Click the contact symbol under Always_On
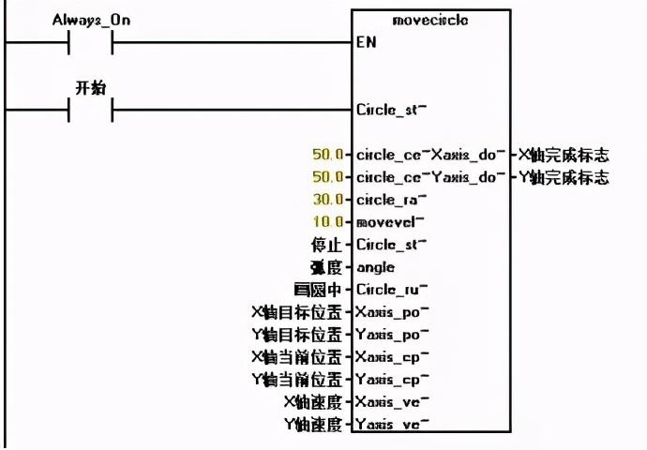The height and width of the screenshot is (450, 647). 91,43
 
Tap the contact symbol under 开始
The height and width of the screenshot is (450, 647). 91,111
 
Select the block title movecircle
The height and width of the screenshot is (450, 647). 432,20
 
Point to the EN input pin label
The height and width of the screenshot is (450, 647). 366,43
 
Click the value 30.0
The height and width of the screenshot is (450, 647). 329,200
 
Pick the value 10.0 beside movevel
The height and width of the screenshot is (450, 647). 329,222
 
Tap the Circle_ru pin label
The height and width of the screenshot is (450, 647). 389,290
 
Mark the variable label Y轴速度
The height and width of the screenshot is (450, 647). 315,425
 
